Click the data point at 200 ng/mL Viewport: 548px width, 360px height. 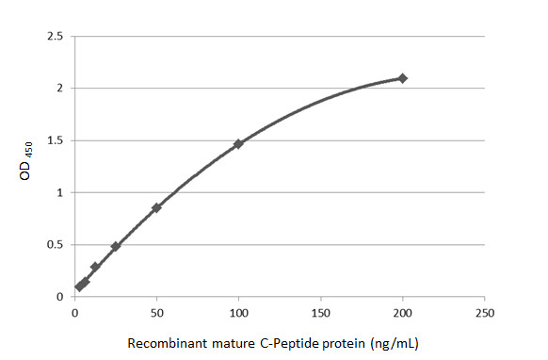[402, 78]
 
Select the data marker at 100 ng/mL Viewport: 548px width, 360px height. [238, 143]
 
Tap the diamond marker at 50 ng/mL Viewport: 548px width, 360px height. [156, 207]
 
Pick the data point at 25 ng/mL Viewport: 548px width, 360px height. [116, 246]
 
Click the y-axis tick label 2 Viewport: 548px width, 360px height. [60, 89]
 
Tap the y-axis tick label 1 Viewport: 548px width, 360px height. [60, 193]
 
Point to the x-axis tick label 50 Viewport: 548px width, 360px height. [156, 312]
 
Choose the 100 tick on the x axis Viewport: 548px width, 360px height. [238, 312]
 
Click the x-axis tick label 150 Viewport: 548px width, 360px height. [320, 312]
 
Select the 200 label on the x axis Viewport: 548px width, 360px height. [402, 312]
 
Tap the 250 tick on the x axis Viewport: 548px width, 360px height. [484, 312]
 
